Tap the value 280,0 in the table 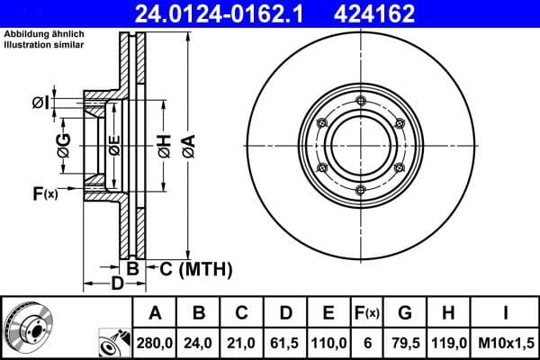pyautogui.click(x=155, y=343)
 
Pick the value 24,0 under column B pyautogui.click(x=199, y=343)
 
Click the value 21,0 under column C pyautogui.click(x=242, y=343)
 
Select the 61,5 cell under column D pyautogui.click(x=285, y=343)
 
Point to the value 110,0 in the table pyautogui.click(x=328, y=343)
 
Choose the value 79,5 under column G pyautogui.click(x=405, y=343)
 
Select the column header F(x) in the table pyautogui.click(x=366, y=313)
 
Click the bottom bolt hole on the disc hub pyautogui.click(x=359, y=188)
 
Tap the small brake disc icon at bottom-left pyautogui.click(x=28, y=327)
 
